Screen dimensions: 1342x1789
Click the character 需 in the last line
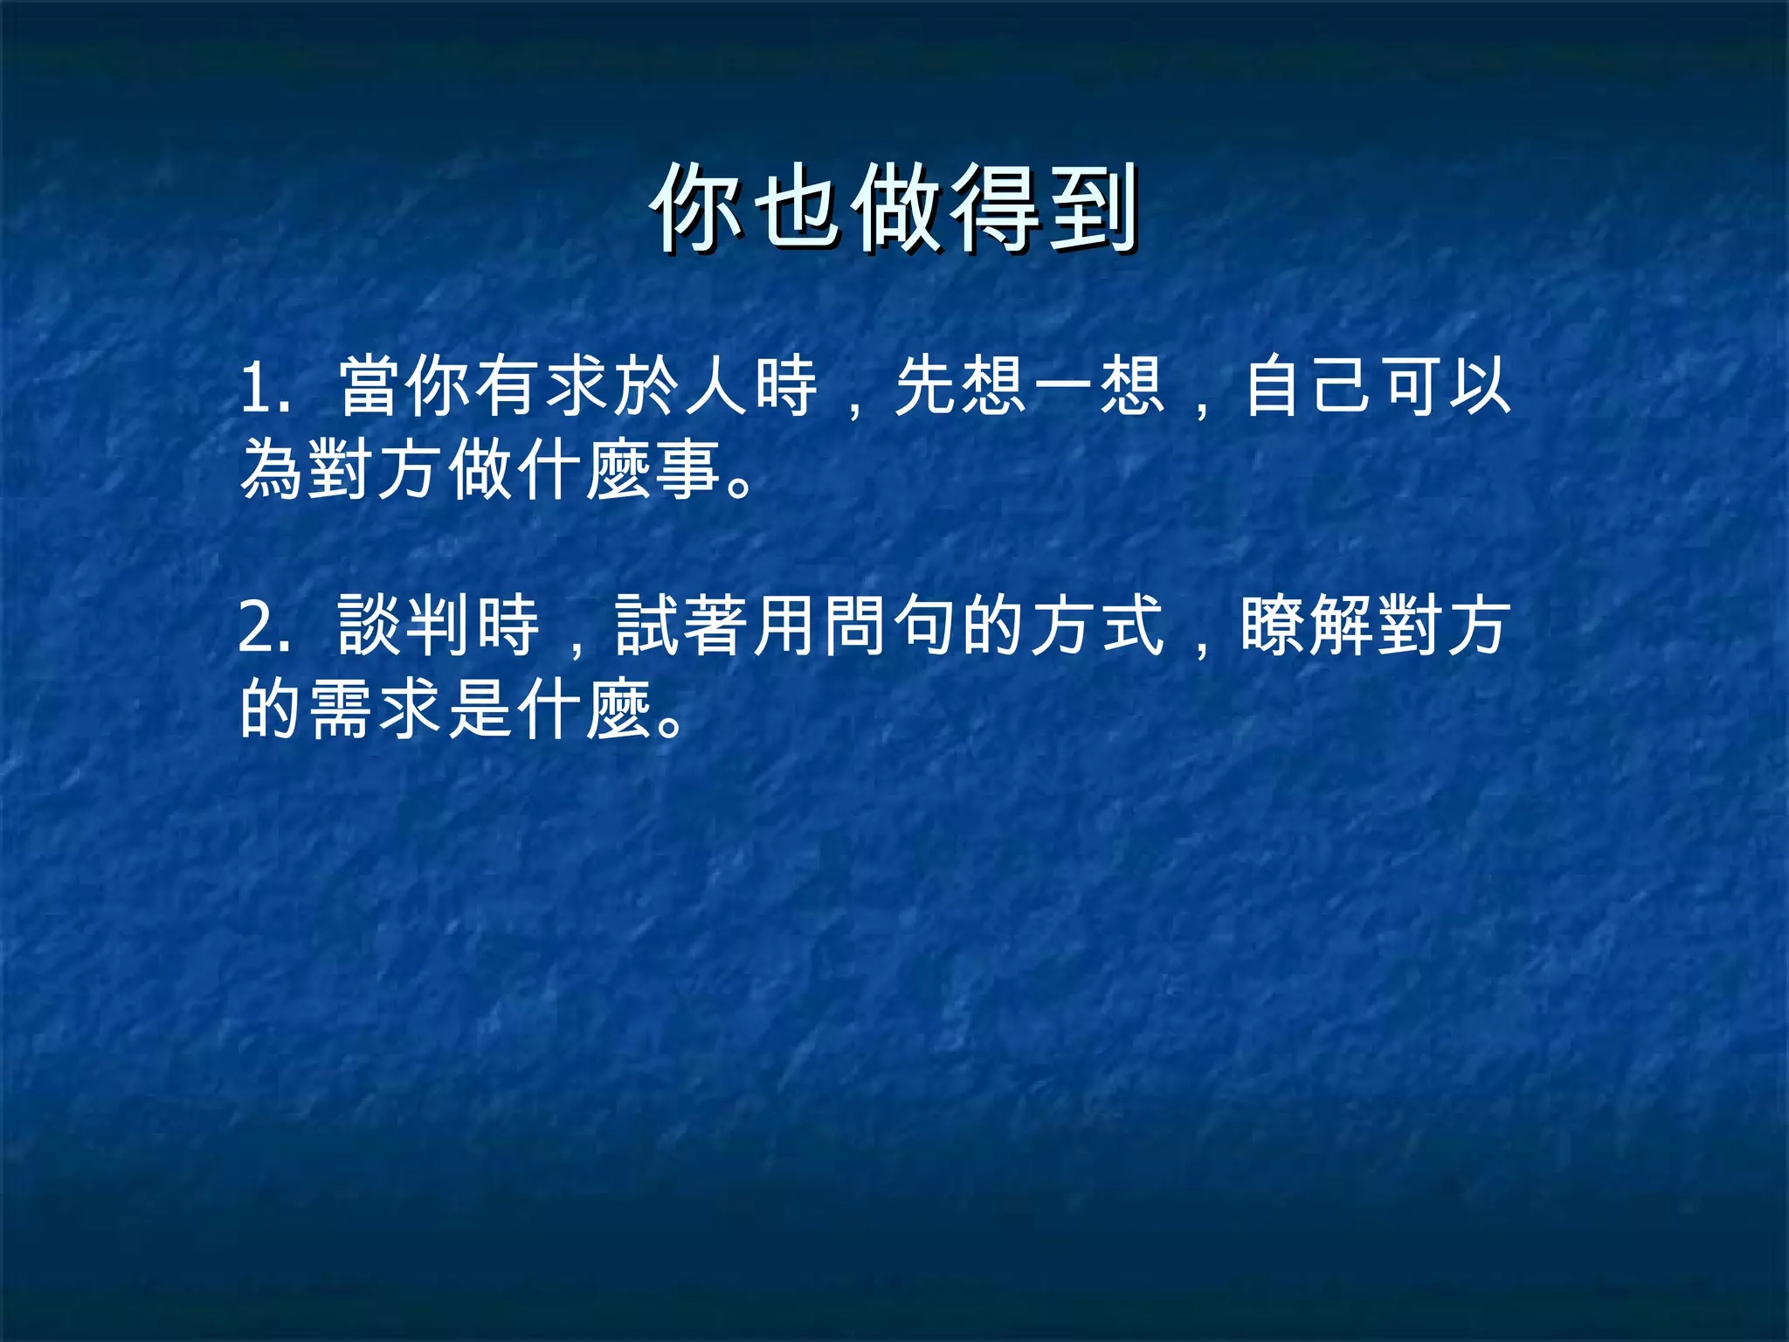342,709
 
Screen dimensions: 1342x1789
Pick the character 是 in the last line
480,709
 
